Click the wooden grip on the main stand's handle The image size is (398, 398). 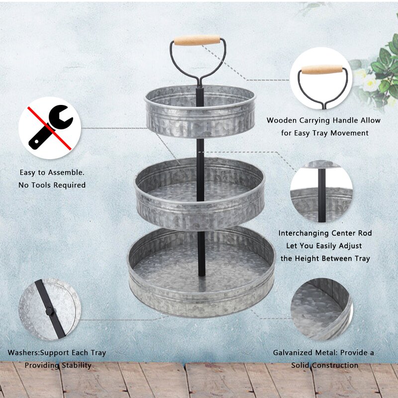tap(197, 40)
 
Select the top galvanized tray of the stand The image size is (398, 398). tap(200, 111)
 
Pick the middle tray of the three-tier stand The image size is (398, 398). tap(200, 194)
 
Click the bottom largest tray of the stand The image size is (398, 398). tap(201, 272)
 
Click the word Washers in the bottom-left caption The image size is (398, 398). tap(23, 353)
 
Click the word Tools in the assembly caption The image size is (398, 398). tap(41, 185)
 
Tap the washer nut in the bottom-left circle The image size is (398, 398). tap(49, 311)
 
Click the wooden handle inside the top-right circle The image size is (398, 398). tap(322, 70)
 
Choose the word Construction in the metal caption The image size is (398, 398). tap(335, 365)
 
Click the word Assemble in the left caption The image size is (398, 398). tap(66, 173)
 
